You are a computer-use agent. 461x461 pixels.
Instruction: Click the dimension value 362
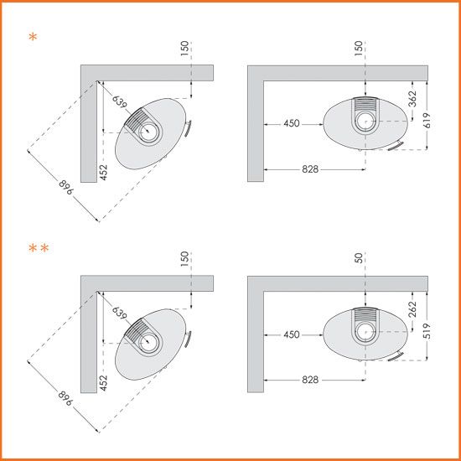coord(412,99)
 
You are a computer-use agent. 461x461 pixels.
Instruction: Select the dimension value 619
coord(427,120)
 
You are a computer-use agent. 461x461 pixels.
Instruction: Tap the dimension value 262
coord(412,309)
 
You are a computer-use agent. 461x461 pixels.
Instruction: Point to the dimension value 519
coord(427,331)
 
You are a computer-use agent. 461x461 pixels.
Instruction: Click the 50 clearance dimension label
coord(359,258)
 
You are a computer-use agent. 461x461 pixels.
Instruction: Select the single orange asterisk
coord(33,37)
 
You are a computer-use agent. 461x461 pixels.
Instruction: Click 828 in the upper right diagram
coord(310,169)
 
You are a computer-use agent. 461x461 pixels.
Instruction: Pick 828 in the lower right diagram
coord(310,380)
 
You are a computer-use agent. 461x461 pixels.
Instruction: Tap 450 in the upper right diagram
coord(292,123)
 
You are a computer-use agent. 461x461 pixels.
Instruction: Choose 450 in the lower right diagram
coord(292,334)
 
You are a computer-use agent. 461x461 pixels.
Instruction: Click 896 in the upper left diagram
coord(66,187)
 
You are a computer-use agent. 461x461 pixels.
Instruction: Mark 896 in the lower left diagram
coord(65,398)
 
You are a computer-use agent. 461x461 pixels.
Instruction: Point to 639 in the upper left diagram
coord(120,101)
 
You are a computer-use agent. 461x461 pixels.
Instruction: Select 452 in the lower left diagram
coord(103,383)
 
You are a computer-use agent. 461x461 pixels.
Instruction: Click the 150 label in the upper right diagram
coord(359,49)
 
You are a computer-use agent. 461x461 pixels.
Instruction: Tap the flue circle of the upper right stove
coord(365,122)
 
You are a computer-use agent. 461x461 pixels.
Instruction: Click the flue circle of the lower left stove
coord(148,343)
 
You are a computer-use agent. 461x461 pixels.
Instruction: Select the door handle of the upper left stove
coord(188,128)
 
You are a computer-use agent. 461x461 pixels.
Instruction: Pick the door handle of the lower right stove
coord(396,356)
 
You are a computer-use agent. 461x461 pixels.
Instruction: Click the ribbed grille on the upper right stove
coord(365,105)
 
